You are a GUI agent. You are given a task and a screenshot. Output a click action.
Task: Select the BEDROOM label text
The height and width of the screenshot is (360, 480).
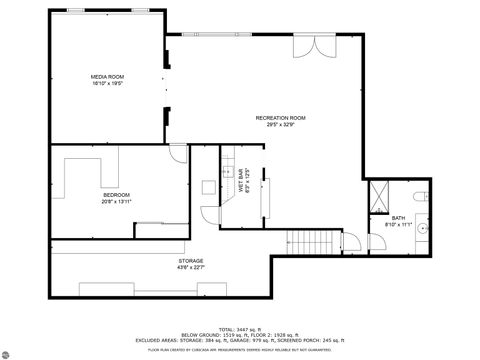pyautogui.click(x=116, y=194)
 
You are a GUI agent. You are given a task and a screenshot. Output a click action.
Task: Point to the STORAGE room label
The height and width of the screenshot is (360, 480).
pyautogui.click(x=191, y=260)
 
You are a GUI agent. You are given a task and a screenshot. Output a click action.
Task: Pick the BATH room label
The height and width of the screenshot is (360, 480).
pyautogui.click(x=398, y=218)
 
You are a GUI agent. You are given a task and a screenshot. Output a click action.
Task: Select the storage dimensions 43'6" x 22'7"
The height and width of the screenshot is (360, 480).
pyautogui.click(x=191, y=267)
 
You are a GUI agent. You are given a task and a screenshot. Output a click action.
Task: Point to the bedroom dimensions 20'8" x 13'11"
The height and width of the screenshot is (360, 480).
pyautogui.click(x=116, y=201)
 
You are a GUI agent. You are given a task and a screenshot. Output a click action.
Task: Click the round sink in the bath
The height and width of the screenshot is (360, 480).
pyautogui.click(x=423, y=230)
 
